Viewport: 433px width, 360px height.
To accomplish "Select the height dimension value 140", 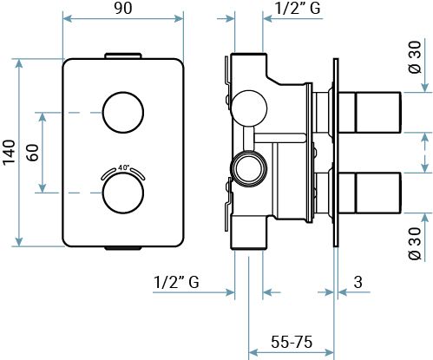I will (10, 153).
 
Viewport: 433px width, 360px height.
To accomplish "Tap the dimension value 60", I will (31, 153).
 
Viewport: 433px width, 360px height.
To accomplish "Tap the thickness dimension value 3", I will (358, 281).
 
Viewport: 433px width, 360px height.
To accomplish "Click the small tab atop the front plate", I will (122, 55).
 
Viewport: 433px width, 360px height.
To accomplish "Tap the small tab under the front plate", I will (122, 250).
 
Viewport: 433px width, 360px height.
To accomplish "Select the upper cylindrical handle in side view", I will (375, 113).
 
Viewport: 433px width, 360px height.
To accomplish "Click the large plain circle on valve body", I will (249, 108).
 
